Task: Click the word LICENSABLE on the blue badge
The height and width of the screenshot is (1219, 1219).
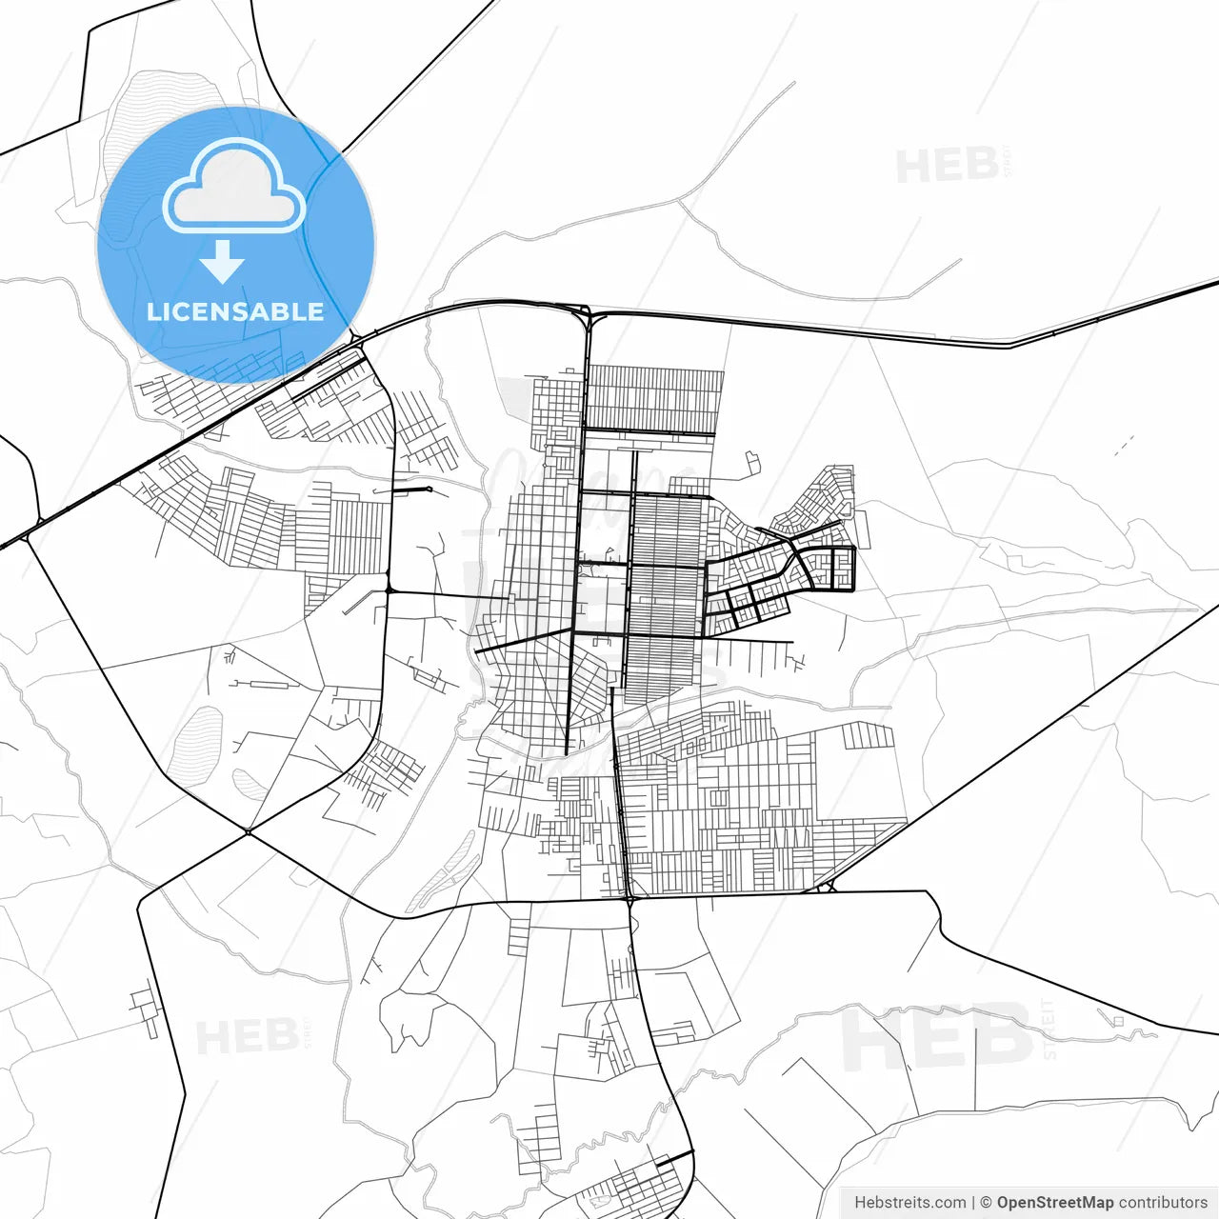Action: coord(235,311)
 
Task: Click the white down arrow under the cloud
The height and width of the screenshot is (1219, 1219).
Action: coord(223,262)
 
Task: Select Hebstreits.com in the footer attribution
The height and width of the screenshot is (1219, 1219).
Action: coord(909,1203)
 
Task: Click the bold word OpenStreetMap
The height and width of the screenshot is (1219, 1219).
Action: coord(1054,1203)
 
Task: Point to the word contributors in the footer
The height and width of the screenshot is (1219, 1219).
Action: coord(1163,1203)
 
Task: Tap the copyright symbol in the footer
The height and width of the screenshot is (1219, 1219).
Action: coord(986,1203)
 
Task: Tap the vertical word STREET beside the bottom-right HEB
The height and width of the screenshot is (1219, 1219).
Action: coord(1049,1029)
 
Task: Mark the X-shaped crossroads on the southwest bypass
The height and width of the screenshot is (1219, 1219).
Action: coord(248,832)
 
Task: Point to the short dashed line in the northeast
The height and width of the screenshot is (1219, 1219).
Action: coord(1124,445)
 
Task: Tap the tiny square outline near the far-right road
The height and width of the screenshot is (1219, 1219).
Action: coord(1118,1022)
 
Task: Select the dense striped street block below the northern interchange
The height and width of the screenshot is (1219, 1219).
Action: coord(653,398)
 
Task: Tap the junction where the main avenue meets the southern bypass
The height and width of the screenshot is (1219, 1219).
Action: coord(629,897)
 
